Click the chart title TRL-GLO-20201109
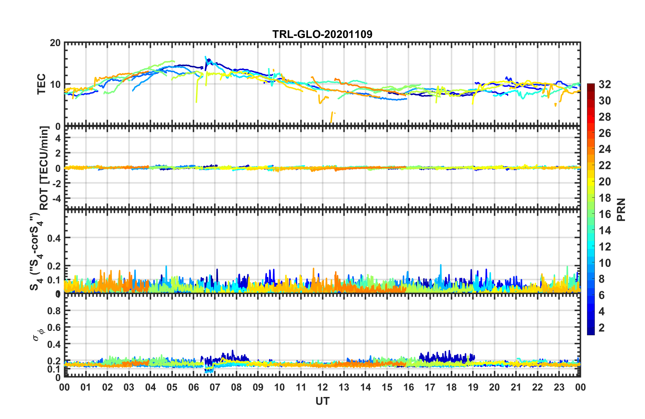[322, 34]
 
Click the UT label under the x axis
[322, 401]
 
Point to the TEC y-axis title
[41, 84]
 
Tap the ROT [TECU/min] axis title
[44, 168]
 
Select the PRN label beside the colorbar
[621, 209]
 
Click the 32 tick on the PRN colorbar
[605, 84]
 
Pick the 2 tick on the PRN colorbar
[602, 327]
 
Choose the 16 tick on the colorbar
[605, 214]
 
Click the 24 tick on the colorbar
[605, 149]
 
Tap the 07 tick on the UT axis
[215, 387]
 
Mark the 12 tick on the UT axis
[322, 387]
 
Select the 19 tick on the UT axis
[473, 387]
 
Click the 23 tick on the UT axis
[559, 387]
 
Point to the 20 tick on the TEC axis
[55, 43]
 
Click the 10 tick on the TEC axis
[55, 84]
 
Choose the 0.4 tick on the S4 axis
[54, 238]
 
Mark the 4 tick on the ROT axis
[58, 138]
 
